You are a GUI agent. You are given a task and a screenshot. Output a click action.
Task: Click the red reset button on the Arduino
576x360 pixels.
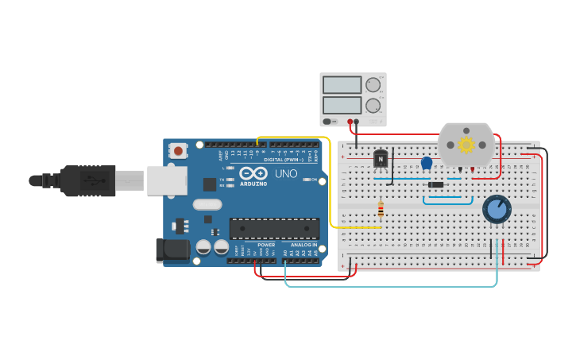tap(179, 150)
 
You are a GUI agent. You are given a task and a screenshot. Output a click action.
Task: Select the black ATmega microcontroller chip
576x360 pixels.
tap(274, 229)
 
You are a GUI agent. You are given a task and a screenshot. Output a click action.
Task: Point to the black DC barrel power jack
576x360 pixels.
tap(172, 250)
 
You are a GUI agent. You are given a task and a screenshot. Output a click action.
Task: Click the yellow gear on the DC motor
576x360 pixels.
tap(466, 145)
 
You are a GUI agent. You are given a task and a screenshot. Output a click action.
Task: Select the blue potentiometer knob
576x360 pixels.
tap(497, 209)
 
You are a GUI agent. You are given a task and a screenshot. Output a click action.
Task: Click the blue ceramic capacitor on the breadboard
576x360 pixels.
tap(427, 163)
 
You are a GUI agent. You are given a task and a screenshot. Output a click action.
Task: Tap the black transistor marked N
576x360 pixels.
tap(381, 160)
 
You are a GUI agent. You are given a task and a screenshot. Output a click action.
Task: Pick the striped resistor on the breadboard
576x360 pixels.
tap(381, 210)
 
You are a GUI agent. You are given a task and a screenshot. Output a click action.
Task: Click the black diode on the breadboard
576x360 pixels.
tap(435, 185)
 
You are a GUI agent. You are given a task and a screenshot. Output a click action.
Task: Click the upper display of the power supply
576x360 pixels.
tap(342, 85)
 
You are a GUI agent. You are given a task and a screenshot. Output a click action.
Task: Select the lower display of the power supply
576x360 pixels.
tap(342, 104)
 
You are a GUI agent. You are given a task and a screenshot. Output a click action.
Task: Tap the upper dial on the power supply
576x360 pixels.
tap(373, 85)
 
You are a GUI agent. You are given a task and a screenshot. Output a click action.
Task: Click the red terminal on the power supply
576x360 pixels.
tap(350, 122)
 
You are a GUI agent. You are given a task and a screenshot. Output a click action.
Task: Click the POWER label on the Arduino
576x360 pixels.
tap(266, 245)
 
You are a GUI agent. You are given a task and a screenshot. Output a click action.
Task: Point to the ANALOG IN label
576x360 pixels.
tap(303, 245)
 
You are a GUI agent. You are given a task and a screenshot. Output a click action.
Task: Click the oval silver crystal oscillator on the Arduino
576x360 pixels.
tap(207, 204)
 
